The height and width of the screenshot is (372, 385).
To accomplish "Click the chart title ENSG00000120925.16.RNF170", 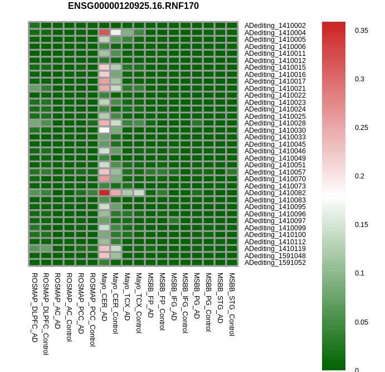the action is pyautogui.click(x=133, y=6).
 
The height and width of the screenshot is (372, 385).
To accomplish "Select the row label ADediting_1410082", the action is pyautogui.click(x=275, y=193).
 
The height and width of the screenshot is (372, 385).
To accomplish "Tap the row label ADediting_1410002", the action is pyautogui.click(x=275, y=26).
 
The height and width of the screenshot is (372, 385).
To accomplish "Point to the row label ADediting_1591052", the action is pyautogui.click(x=275, y=263).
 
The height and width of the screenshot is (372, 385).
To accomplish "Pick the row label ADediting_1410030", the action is pyautogui.click(x=275, y=130).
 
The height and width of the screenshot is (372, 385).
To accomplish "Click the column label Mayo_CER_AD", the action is pyautogui.click(x=104, y=297).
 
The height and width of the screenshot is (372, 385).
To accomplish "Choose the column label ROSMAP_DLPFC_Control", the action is pyautogui.click(x=46, y=314).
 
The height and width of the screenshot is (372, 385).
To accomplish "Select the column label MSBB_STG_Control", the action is pyautogui.click(x=232, y=304).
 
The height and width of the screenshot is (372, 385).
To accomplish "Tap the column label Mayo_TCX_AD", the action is pyautogui.click(x=127, y=297).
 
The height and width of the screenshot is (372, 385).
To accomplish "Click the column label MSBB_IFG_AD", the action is pyautogui.click(x=174, y=297).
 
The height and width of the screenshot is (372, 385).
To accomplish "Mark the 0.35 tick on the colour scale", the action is pyautogui.click(x=361, y=31).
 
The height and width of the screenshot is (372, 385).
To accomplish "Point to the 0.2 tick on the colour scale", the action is pyautogui.click(x=359, y=176).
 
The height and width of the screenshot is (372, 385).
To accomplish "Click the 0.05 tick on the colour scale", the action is pyautogui.click(x=361, y=322).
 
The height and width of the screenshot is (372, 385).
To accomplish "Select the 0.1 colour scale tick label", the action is pyautogui.click(x=359, y=273).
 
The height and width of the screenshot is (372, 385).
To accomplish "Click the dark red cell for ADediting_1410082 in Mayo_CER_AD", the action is pyautogui.click(x=104, y=193).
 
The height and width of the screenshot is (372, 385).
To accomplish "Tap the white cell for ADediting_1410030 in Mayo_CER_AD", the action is pyautogui.click(x=104, y=130).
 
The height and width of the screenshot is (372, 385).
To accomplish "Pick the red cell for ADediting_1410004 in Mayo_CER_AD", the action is pyautogui.click(x=104, y=32).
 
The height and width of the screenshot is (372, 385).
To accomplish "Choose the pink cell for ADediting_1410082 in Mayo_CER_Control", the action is pyautogui.click(x=116, y=193).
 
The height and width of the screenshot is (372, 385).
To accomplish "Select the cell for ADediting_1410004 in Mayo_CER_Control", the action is pyautogui.click(x=116, y=32).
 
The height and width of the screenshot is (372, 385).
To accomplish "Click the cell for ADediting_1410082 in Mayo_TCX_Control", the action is pyautogui.click(x=139, y=193).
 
